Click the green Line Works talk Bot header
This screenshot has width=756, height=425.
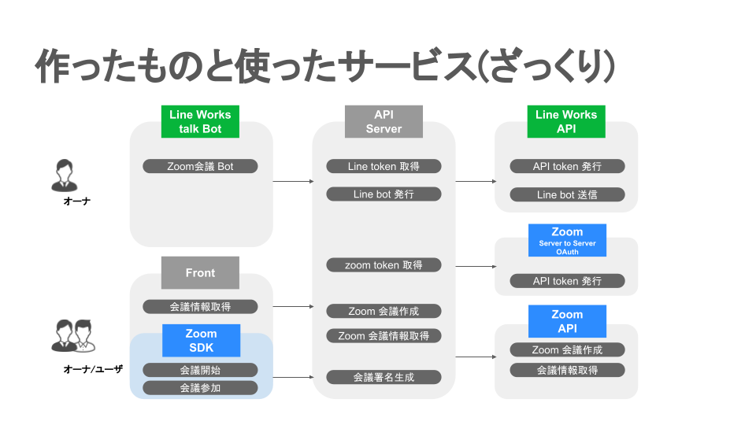point(200,122)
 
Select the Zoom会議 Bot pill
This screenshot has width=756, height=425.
point(200,166)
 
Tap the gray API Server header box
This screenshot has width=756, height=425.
point(384,122)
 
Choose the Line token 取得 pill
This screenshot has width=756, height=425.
point(384,166)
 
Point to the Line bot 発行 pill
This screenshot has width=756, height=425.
point(384,194)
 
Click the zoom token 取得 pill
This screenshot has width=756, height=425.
point(384,265)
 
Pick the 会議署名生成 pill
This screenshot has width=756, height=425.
point(384,377)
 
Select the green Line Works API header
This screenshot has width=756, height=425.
point(566,122)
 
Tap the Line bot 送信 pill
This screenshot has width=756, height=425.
point(567,194)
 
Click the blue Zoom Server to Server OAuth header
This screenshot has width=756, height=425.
point(567,240)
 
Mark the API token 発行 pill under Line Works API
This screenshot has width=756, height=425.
point(567,166)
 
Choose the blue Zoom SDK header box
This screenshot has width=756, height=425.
point(201,341)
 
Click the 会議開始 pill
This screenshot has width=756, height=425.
point(200,370)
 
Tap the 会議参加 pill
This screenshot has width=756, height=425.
point(200,387)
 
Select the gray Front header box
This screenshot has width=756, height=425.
point(200,273)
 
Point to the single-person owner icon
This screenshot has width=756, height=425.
point(65,176)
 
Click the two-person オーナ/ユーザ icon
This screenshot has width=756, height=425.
point(73,336)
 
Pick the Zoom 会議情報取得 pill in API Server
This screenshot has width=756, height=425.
point(384,336)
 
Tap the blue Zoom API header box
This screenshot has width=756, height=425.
point(567,321)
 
